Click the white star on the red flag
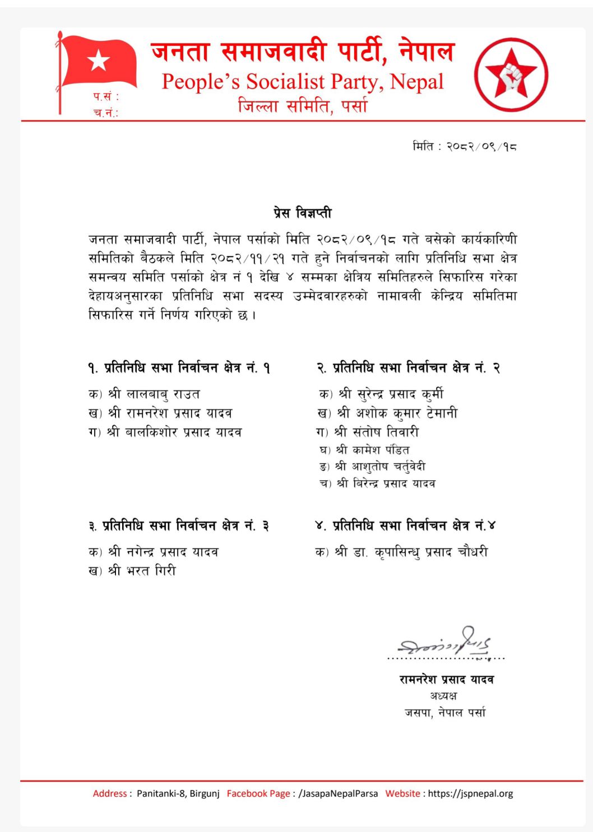99,60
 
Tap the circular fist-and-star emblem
511,75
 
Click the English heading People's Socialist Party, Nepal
302,82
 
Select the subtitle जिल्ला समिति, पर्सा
303,105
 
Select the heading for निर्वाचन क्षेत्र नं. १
179,368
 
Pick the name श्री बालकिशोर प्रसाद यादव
174,432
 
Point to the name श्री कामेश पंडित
372,449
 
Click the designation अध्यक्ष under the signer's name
443,696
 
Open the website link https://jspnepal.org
470,793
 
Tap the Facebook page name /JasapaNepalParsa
338,793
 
